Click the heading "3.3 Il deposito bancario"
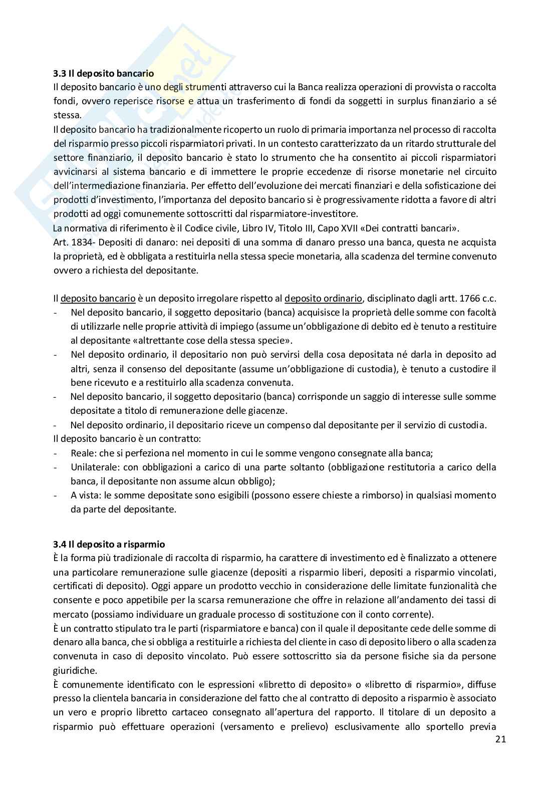point(104,74)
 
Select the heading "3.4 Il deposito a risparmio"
point(109,544)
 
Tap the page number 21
point(500,739)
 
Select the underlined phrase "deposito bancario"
point(98,299)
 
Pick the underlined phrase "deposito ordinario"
point(323,299)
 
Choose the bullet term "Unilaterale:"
point(92,467)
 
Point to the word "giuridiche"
point(74,670)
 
